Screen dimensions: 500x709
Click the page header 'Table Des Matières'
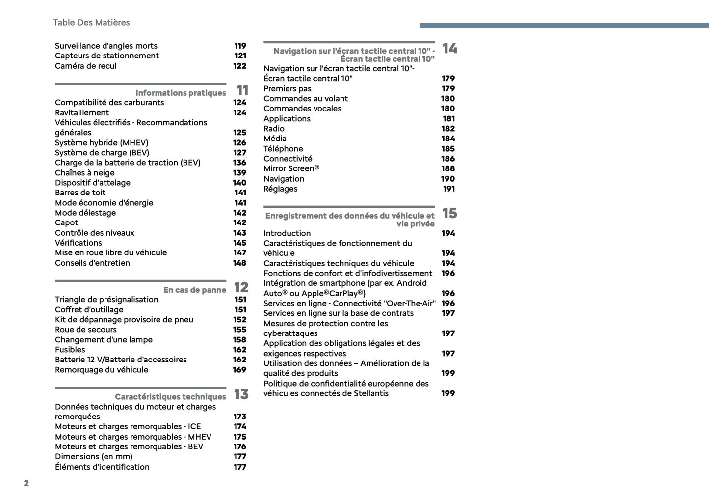[x=91, y=23]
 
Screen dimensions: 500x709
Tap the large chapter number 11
[x=242, y=90]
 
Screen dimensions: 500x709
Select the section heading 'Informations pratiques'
[x=181, y=93]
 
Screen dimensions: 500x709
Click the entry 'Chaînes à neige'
[x=85, y=173]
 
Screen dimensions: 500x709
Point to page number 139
[x=239, y=173]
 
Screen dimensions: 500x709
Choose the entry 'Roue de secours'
[x=86, y=330]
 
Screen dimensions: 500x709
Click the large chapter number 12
[x=241, y=287]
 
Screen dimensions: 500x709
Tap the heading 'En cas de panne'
[x=195, y=290]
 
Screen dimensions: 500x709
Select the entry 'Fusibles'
[x=70, y=350]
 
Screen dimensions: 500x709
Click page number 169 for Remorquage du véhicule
[x=239, y=370]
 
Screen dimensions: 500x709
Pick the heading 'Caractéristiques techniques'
[x=170, y=397]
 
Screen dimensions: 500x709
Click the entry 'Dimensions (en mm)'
[x=94, y=457]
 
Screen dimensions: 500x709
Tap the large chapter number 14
[x=449, y=48]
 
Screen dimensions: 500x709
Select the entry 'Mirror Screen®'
[x=291, y=168]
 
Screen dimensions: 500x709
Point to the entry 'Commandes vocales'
[x=302, y=109]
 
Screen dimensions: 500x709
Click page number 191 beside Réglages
[x=448, y=189]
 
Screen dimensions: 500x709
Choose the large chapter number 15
[x=449, y=213]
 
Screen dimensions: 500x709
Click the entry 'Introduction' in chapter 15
[x=287, y=233]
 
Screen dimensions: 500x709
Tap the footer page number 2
[x=26, y=483]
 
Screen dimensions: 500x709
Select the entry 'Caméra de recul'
[x=86, y=66]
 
